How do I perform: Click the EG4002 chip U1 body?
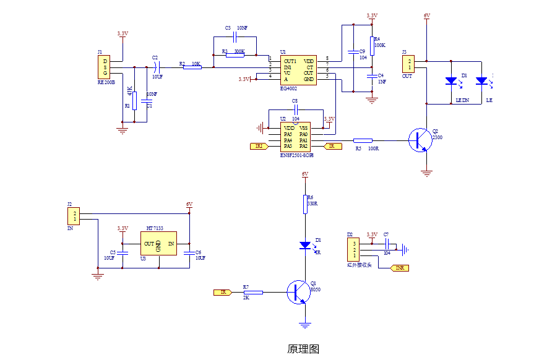[x=298, y=71]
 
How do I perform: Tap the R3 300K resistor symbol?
[x=235, y=54]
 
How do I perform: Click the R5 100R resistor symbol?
[x=363, y=140]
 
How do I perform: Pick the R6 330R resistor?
[x=304, y=204]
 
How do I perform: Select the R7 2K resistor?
[x=253, y=292]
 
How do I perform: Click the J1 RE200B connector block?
[x=105, y=67]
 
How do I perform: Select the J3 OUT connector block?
[x=408, y=64]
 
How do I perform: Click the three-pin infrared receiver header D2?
[x=354, y=249]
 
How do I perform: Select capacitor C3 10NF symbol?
[x=235, y=38]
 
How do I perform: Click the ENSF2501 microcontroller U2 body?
[x=296, y=137]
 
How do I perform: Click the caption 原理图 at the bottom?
[x=303, y=349]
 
